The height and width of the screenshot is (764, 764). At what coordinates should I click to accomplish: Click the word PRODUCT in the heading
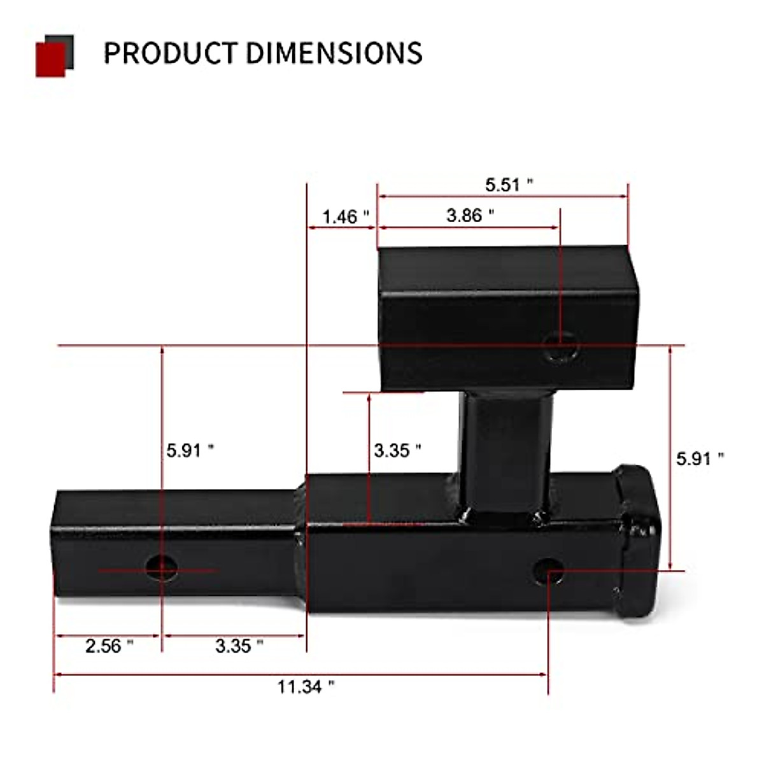point(170,53)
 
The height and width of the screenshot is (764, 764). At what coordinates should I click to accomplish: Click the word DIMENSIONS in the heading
point(334,53)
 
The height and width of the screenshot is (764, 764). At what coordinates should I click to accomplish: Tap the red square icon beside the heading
point(50,60)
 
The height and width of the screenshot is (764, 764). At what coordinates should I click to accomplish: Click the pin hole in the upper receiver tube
point(562,350)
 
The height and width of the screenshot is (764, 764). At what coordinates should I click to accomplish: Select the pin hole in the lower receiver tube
point(548,570)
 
